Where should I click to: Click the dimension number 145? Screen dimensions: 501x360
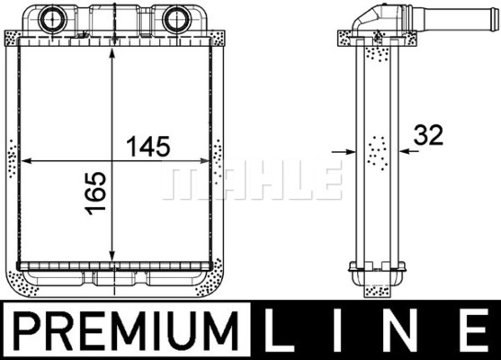(148, 147)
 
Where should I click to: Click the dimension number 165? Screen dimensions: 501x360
(95, 193)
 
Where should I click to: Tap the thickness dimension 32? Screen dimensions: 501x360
(428, 135)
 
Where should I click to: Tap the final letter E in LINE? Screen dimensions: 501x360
(477, 329)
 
